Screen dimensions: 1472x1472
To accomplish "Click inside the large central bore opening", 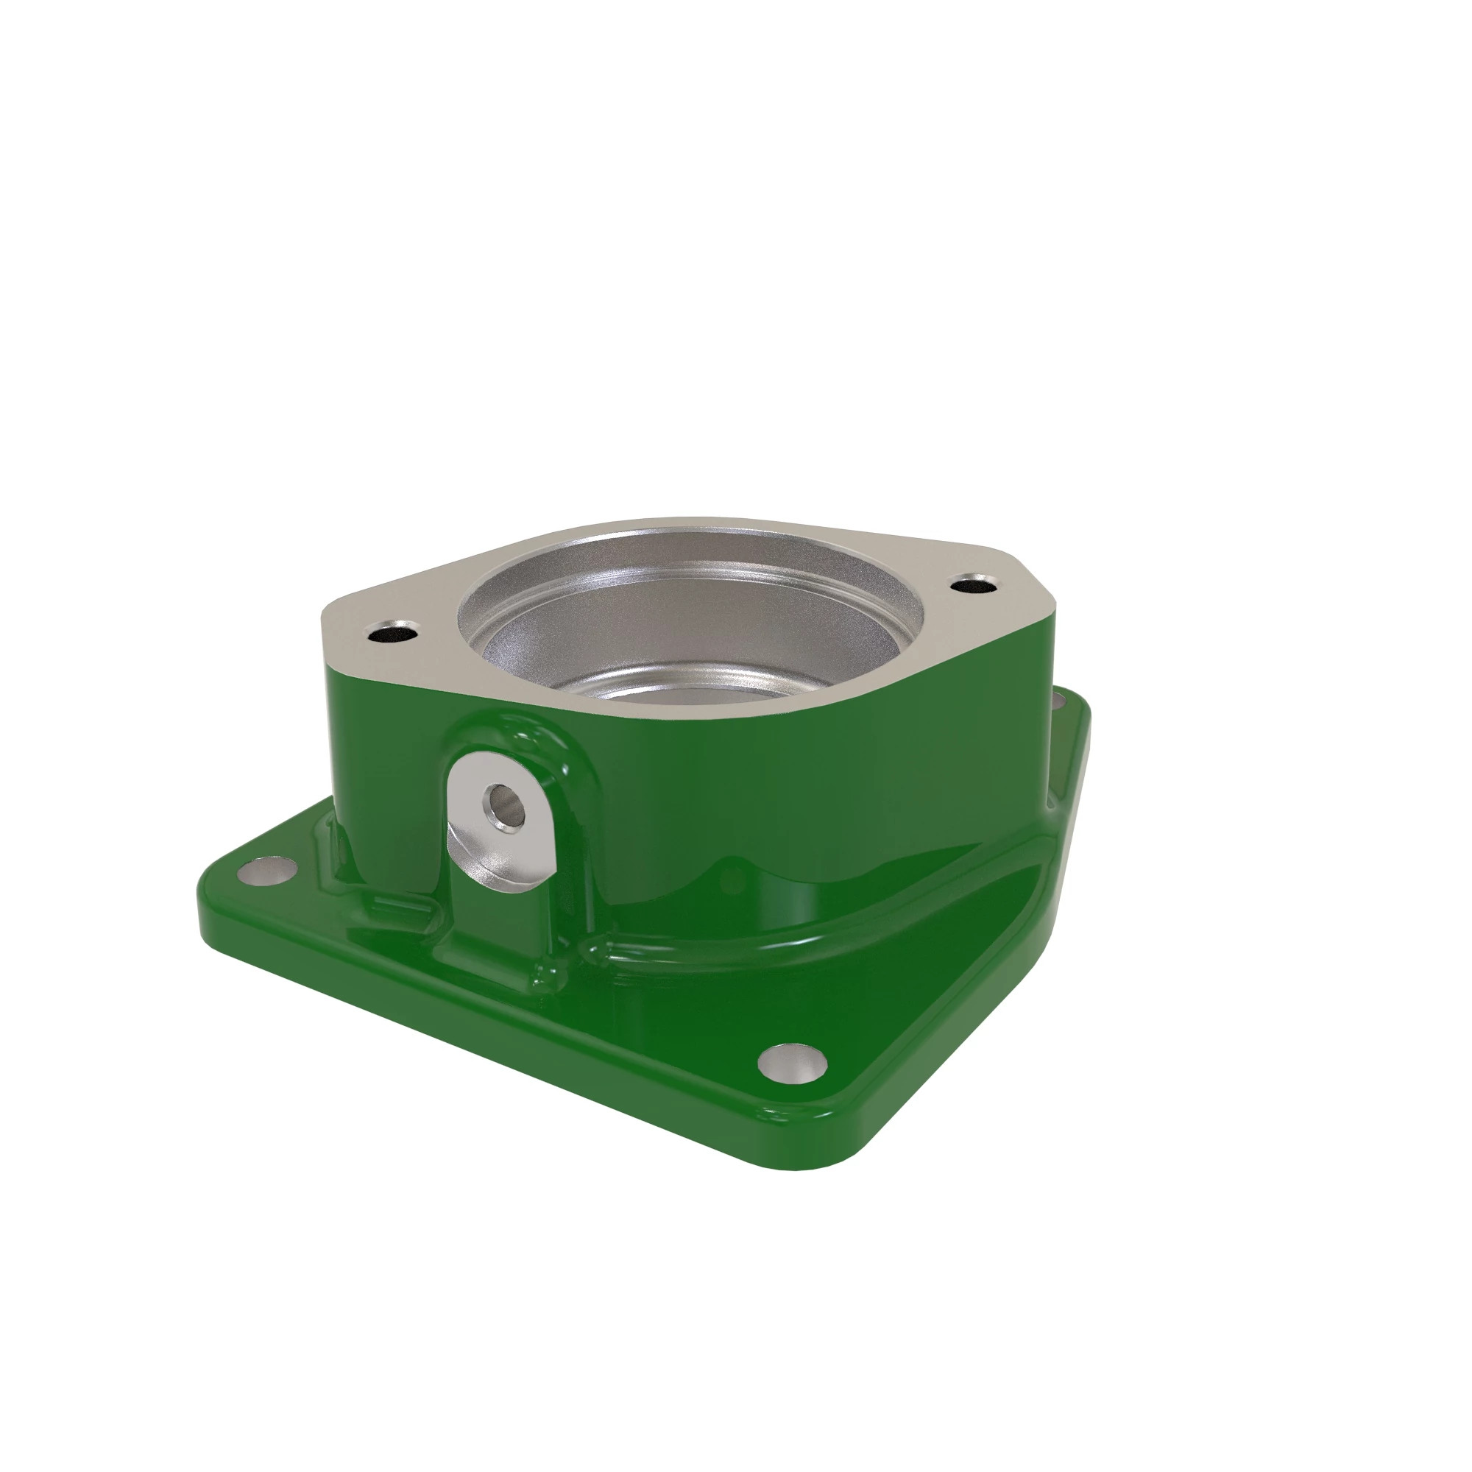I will click(x=686, y=640).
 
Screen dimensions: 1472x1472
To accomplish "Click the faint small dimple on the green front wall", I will click(x=732, y=884).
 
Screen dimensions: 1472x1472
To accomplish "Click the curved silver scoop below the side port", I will click(x=495, y=868).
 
